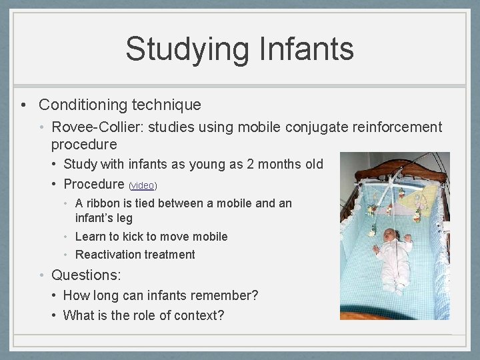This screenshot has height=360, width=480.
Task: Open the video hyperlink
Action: (x=143, y=185)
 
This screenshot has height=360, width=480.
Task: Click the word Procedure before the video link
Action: (x=93, y=184)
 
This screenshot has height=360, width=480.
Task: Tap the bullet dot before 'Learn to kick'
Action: (x=68, y=237)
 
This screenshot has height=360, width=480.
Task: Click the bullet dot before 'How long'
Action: (x=55, y=295)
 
